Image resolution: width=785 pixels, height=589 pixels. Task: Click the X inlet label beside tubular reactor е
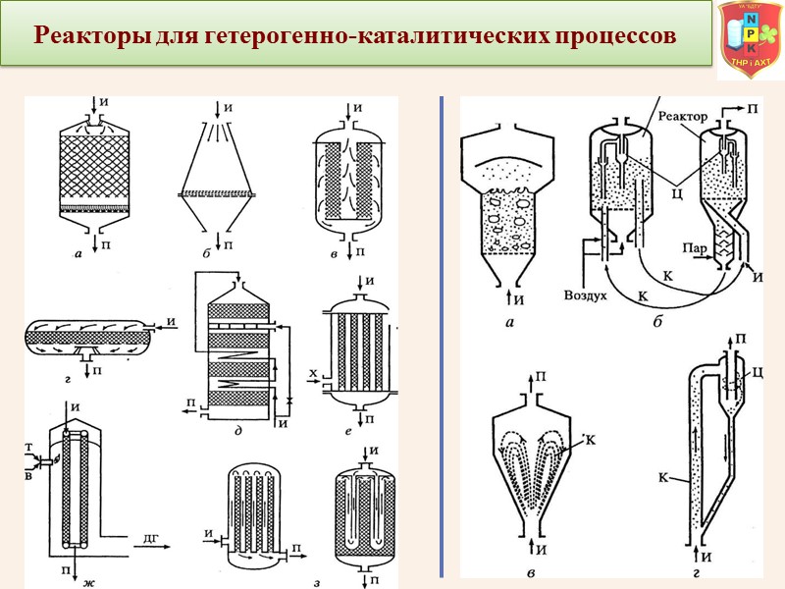312,374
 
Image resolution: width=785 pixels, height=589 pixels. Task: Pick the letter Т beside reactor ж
31,446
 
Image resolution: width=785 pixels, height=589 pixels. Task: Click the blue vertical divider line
443,334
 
